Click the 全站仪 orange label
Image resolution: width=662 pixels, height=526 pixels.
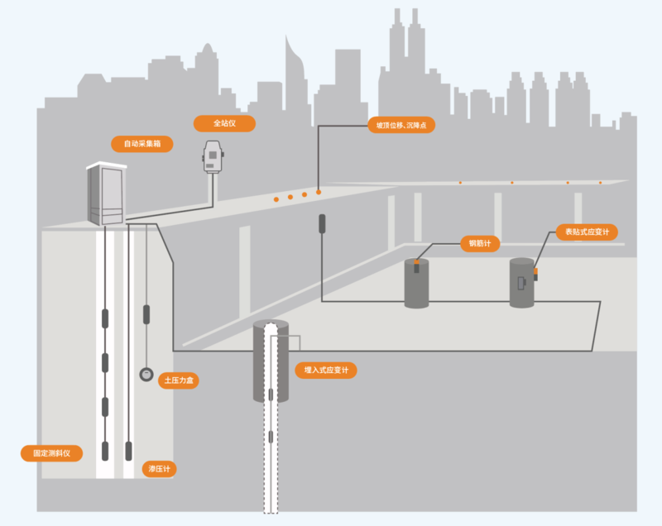coord(224,123)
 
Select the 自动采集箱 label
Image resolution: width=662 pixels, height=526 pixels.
coord(142,144)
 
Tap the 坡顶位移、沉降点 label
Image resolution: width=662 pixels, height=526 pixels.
coord(401,125)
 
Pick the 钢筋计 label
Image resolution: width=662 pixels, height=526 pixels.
coord(480,243)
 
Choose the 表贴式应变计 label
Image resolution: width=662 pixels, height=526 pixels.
coord(587,232)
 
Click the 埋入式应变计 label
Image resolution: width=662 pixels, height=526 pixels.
coord(326,370)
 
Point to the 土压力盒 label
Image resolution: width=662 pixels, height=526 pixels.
coord(179,380)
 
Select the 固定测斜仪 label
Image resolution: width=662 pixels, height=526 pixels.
coord(51,453)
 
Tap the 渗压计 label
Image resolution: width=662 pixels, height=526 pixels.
coord(159,469)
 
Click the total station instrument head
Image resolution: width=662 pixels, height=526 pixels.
coord(213,156)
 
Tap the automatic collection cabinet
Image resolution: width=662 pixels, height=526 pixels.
coord(106,194)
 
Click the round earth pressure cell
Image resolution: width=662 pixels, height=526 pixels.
coord(146,374)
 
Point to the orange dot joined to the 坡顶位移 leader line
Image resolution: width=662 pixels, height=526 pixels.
coord(319,193)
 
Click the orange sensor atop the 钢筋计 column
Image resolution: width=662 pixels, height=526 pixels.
coord(417,262)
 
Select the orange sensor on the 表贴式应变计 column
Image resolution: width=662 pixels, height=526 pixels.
coord(535,271)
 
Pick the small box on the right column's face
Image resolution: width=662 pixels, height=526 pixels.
coord(521,283)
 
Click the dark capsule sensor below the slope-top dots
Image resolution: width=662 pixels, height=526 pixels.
coord(322,223)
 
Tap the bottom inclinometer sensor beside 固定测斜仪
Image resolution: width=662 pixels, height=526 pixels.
coord(105,451)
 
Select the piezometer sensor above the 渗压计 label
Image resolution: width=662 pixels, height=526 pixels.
coord(129,451)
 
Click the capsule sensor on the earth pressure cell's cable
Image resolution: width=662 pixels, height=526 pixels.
coord(146,314)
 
